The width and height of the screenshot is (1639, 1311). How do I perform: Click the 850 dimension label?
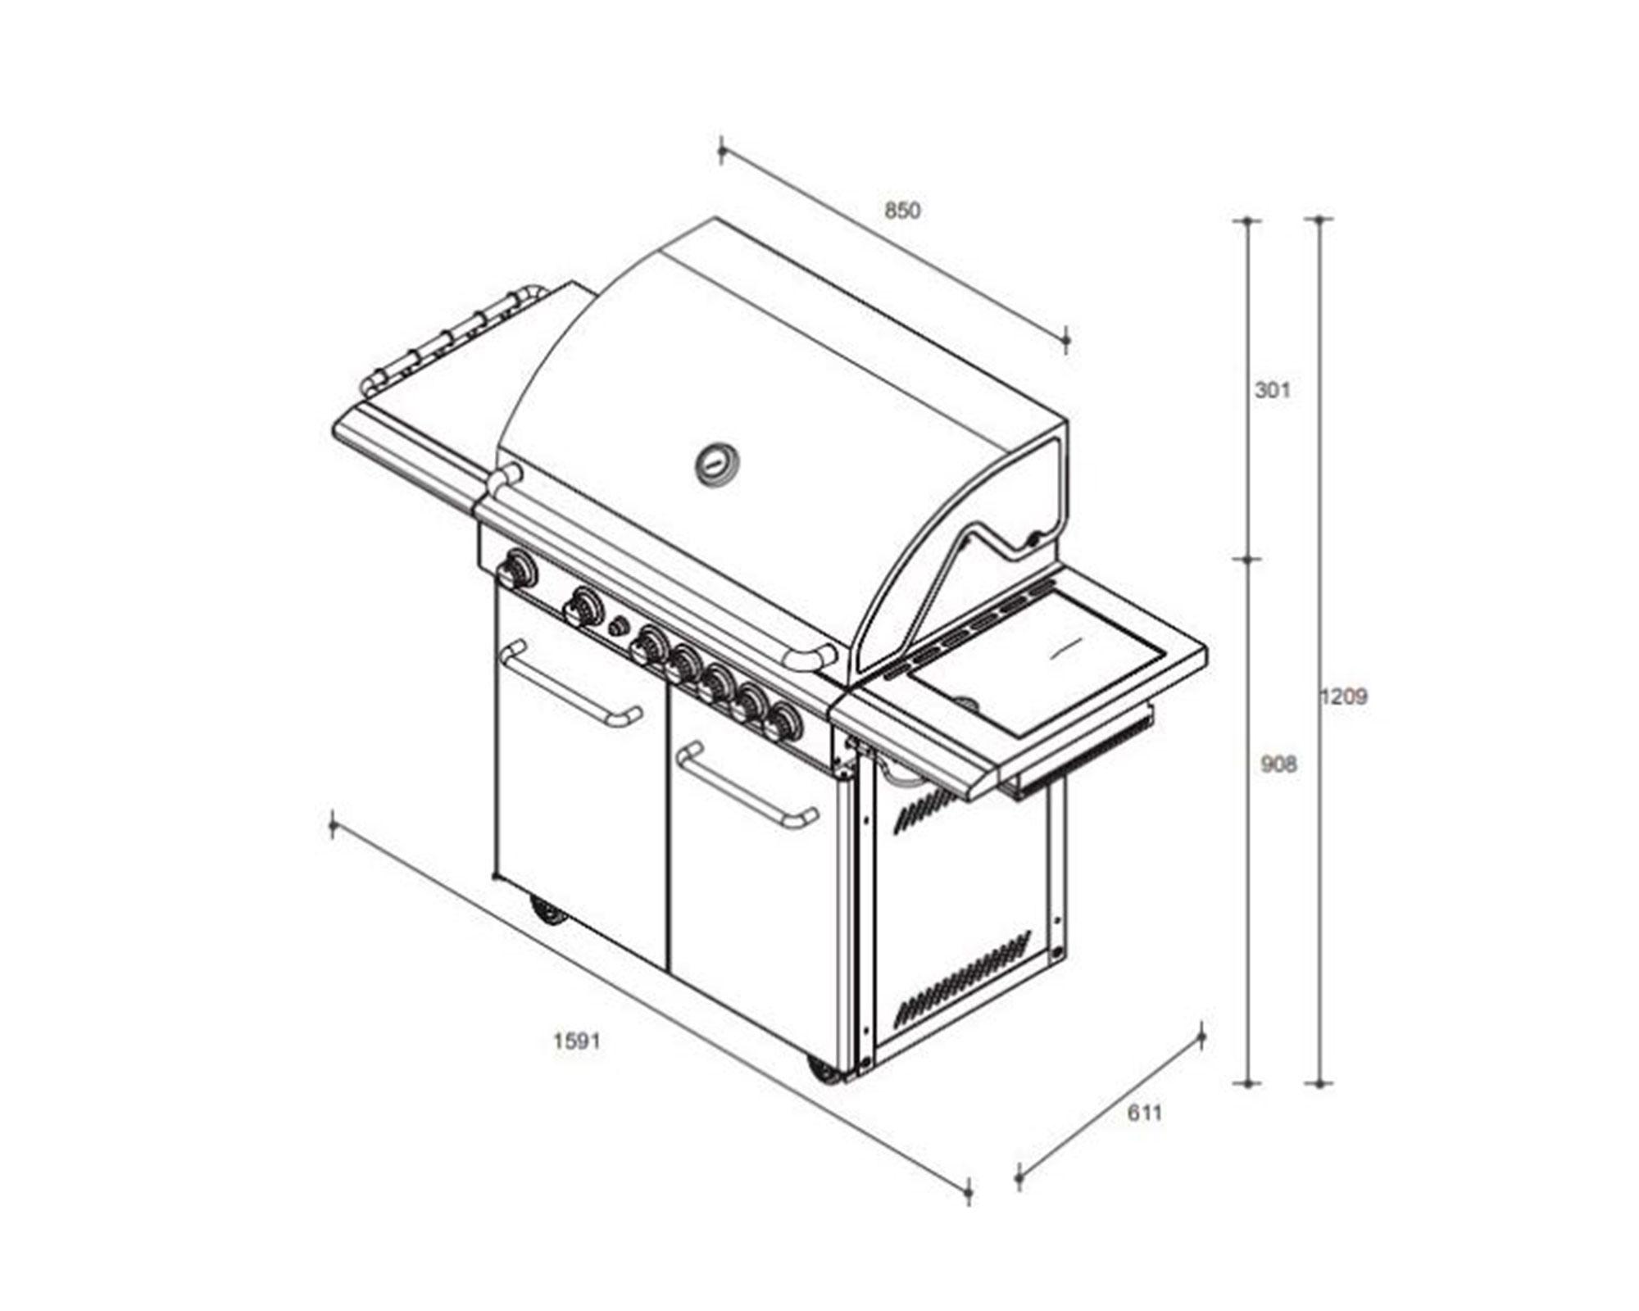click(902, 211)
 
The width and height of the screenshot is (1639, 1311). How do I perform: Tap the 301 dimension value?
click(1273, 390)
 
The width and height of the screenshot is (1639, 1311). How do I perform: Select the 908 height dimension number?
click(1278, 764)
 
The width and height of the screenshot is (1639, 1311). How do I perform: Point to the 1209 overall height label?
click(1344, 697)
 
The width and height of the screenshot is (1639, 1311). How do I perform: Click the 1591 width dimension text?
click(577, 1041)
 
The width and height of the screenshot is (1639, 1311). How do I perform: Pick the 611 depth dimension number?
click(1145, 1114)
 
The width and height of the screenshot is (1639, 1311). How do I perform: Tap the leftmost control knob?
click(518, 569)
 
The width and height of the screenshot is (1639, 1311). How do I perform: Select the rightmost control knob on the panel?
click(783, 722)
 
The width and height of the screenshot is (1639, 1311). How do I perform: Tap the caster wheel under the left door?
click(547, 910)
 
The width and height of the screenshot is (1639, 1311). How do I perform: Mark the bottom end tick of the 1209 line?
click(1319, 1083)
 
